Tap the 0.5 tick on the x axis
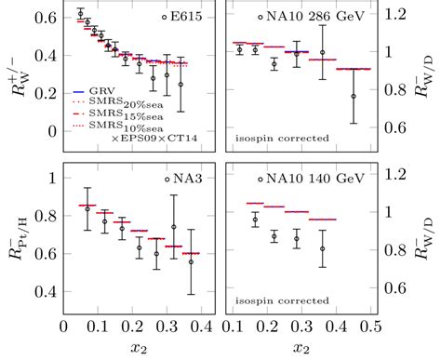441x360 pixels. [372, 326]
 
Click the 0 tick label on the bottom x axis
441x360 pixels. [63, 326]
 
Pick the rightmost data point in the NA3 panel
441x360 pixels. [191, 262]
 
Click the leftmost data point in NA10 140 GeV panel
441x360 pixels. [255, 219]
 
